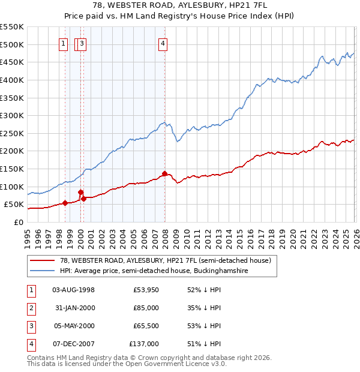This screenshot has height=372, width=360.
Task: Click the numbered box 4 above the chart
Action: [x=163, y=43]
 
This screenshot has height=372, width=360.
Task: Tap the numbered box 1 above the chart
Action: [x=64, y=43]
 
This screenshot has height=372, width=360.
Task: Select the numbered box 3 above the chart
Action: [x=82, y=43]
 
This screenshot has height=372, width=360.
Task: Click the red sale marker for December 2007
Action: [x=164, y=173]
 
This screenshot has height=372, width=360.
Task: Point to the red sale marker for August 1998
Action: [x=65, y=203]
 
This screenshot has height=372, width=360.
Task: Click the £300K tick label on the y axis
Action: [x=11, y=115]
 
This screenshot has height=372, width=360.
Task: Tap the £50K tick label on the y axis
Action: [x=14, y=205]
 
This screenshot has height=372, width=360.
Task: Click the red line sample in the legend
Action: [x=43, y=261]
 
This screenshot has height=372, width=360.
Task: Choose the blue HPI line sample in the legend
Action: [x=43, y=271]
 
